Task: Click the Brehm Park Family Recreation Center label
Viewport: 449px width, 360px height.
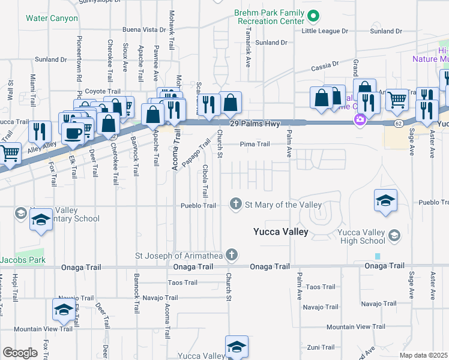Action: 270,16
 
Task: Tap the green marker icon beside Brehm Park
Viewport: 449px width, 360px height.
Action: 313,16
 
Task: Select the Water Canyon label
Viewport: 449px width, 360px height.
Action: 52,18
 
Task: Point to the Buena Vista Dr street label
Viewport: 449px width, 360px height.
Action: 143,29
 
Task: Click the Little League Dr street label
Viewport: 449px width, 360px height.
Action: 325,31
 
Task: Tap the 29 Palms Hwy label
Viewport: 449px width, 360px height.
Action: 253,122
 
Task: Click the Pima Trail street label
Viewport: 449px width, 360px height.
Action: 255,144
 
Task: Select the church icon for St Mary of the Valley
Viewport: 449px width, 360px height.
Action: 237,205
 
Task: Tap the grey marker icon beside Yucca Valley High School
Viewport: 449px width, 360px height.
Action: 394,234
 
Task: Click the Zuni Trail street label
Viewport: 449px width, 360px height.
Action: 320,347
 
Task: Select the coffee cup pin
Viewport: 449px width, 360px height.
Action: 73,133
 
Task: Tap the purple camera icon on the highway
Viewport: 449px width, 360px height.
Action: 360,120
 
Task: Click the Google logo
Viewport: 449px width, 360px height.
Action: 20,352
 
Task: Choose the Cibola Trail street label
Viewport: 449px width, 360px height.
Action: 205,181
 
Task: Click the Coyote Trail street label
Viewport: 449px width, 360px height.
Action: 99,91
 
